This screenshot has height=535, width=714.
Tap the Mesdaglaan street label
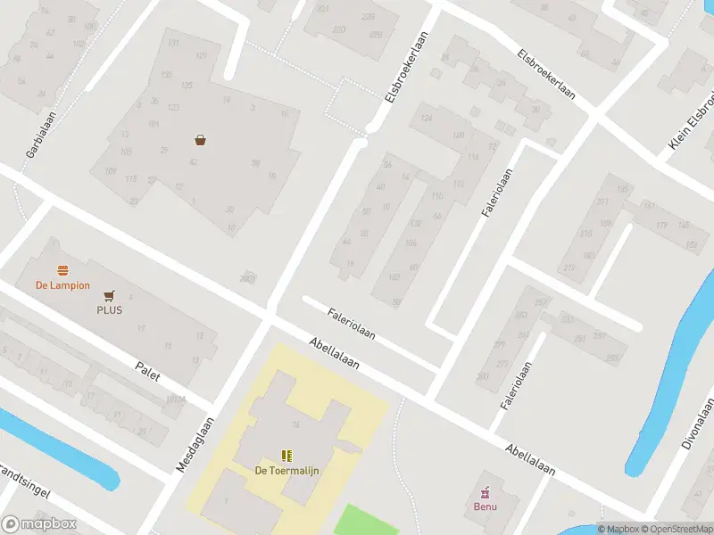(x=197, y=446)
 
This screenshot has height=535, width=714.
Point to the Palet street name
(x=147, y=370)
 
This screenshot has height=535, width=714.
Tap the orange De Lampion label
(x=62, y=285)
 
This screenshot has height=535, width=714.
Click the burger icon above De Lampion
(x=62, y=270)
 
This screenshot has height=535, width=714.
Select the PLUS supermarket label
(x=110, y=310)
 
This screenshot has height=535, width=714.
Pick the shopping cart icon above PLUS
(x=110, y=295)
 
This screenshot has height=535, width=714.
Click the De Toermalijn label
(x=287, y=471)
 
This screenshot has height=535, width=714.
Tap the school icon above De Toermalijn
(x=287, y=456)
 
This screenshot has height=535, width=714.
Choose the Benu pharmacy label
(x=486, y=507)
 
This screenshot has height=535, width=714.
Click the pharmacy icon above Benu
(x=486, y=492)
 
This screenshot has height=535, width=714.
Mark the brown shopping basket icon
(x=201, y=140)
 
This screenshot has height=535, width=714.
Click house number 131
(x=173, y=44)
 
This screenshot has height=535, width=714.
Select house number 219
(x=569, y=268)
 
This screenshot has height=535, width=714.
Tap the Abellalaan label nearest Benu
(x=530, y=458)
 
